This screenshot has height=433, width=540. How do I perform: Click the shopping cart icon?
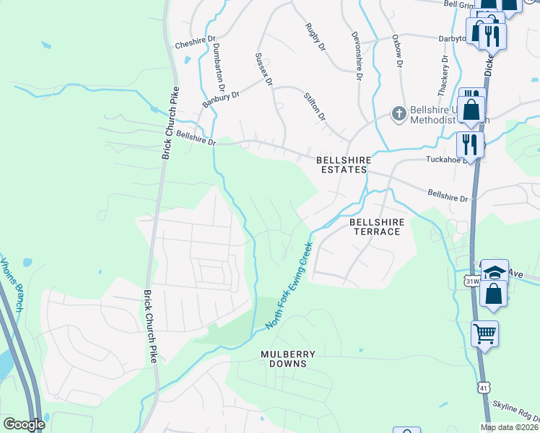(x=484, y=333)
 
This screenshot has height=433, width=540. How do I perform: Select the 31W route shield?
(x=473, y=281)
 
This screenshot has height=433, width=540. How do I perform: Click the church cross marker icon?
(x=398, y=113)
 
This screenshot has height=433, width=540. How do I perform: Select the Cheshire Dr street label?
(x=195, y=43)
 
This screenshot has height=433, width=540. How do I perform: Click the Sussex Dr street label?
(x=264, y=69)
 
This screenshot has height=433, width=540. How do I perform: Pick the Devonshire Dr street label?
(x=356, y=51)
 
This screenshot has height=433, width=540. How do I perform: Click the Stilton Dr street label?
(x=315, y=106)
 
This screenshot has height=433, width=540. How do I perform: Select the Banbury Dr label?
(x=220, y=99)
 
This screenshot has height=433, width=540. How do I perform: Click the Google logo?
(x=24, y=424)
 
